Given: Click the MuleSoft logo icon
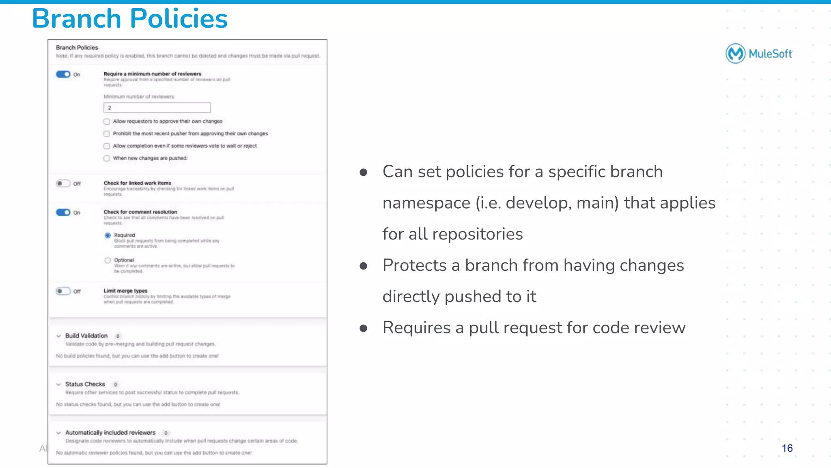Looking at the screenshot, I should click(x=735, y=54).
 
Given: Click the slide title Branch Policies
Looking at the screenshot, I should click(x=129, y=19).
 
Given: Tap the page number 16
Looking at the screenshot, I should click(x=787, y=448).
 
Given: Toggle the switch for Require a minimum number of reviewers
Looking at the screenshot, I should click(x=63, y=74).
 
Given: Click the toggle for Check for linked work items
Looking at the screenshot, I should click(x=63, y=183).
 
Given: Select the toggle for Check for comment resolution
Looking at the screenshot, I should click(x=63, y=212).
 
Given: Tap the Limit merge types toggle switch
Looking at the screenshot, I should click(x=63, y=291).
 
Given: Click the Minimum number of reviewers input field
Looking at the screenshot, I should click(x=157, y=108).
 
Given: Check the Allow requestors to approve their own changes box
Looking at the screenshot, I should click(x=107, y=121).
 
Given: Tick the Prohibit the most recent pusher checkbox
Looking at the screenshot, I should click(x=107, y=134).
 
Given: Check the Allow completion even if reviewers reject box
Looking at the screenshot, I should click(x=107, y=146).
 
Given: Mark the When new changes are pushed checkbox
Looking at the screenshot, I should click(x=107, y=158).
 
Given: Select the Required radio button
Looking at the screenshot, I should click(x=108, y=235).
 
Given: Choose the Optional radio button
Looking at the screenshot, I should click(x=108, y=260).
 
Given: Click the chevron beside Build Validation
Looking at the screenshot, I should click(x=58, y=336).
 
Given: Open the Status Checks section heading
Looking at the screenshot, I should click(x=85, y=384).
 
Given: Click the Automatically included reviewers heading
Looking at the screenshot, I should click(x=110, y=433).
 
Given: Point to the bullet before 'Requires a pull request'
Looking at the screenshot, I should click(x=364, y=328).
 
